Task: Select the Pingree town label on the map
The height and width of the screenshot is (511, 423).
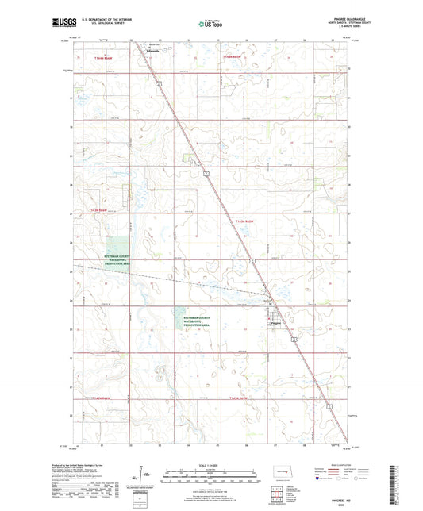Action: (275, 322)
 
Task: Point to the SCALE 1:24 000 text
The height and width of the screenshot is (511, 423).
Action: (210, 463)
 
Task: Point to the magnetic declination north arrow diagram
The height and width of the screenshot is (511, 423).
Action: (148, 476)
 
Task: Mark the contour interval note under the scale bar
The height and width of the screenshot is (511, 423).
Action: (210, 485)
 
